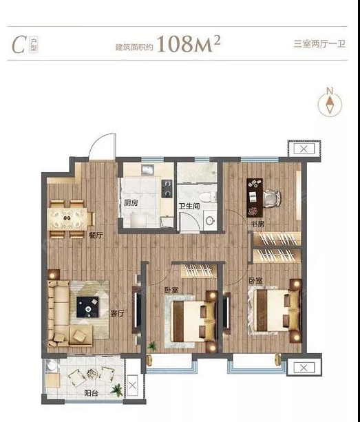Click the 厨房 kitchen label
click(131, 202)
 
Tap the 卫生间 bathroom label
click(189, 206)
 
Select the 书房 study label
click(257, 224)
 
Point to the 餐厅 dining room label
click(96, 235)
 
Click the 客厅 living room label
click(118, 313)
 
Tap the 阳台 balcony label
click(92, 393)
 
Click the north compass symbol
click(330, 103)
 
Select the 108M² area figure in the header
click(189, 43)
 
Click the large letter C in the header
click(19, 45)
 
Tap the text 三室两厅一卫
click(319, 43)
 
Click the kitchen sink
click(147, 170)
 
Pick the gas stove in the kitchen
click(167, 189)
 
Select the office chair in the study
click(271, 198)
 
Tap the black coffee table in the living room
click(87, 307)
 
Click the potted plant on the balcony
click(117, 390)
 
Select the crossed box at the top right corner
click(304, 149)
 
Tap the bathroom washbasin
click(210, 220)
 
